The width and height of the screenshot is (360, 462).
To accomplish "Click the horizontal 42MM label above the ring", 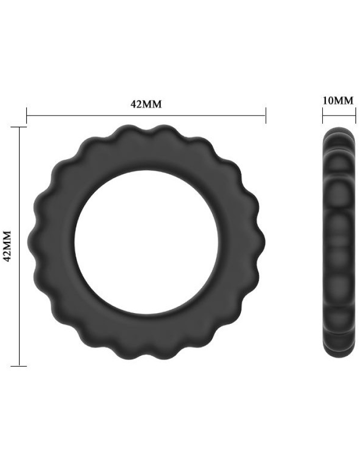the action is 146,104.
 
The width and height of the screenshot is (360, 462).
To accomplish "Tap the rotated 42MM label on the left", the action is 7,246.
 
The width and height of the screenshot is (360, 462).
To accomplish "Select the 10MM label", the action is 338,101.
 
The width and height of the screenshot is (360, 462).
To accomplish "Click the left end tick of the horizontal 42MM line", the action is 26,115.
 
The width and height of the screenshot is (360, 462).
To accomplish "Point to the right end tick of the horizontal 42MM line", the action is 266,115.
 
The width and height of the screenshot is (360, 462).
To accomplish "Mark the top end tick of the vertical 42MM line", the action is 19,127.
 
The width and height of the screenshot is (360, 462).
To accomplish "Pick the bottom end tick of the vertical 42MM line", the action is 19,366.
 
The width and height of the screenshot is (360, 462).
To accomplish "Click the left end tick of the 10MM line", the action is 322,115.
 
